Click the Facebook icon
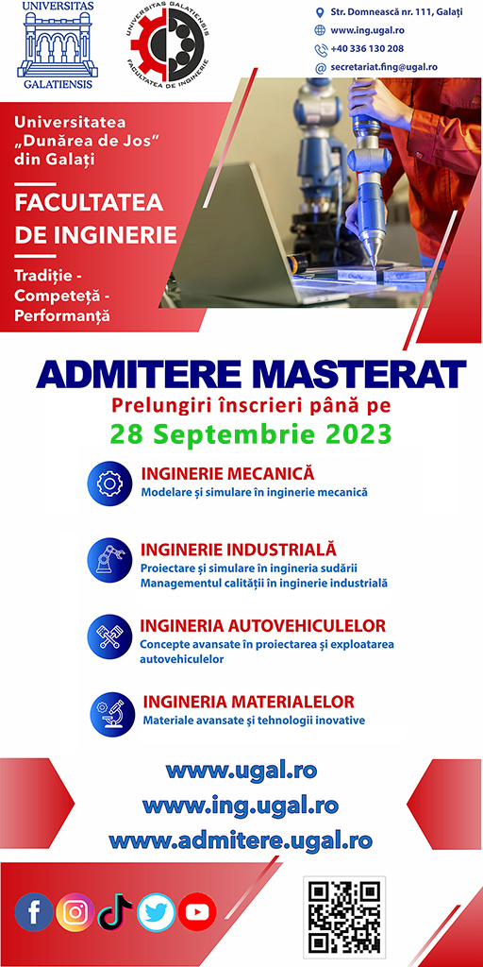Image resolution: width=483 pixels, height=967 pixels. tap(34, 912)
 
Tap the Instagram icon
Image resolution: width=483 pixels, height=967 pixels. tap(75, 912)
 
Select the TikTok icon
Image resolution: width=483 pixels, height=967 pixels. tap(115, 912)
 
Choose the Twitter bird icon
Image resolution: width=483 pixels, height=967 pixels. tap(156, 912)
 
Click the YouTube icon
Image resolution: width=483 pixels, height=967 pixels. tap(197, 912)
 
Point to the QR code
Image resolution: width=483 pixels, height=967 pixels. tap(345, 915)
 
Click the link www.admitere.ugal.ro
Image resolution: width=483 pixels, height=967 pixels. tap(241, 840)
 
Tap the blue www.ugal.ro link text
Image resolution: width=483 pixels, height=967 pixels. tap(241, 769)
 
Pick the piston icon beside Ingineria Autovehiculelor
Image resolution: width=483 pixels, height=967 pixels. tap(109, 636)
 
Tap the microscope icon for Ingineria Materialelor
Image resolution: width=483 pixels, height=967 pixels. tap(112, 714)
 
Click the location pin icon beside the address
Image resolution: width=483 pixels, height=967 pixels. tap(321, 12)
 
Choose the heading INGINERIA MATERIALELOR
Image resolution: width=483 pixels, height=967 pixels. tap(248, 702)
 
